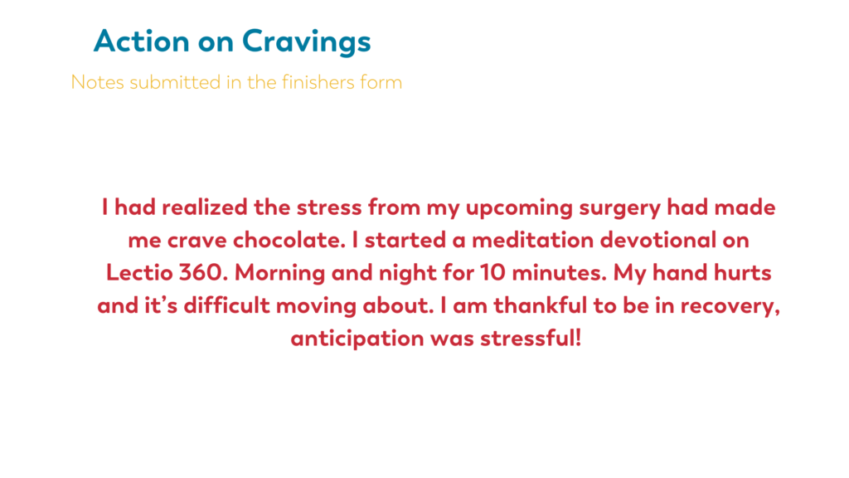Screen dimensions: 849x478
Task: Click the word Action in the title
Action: click(x=141, y=41)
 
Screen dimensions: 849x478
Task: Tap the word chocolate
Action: click(x=289, y=240)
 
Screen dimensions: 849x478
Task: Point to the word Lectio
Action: click(x=139, y=272)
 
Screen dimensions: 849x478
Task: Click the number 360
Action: click(x=201, y=272)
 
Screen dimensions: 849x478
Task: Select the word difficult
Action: click(x=227, y=305)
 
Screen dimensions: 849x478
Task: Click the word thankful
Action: click(x=541, y=305)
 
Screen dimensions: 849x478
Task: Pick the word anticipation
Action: click(x=357, y=339)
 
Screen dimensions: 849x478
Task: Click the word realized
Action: click(x=205, y=207)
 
